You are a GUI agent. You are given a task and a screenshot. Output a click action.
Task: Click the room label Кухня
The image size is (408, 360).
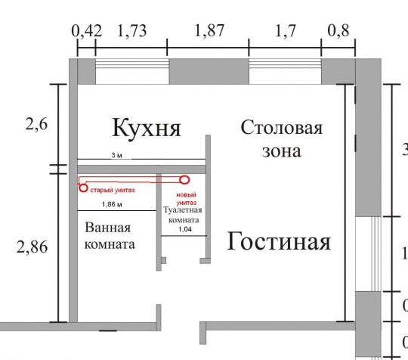pos(147,128)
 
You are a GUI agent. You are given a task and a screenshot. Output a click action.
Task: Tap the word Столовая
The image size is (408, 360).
pos(282,128)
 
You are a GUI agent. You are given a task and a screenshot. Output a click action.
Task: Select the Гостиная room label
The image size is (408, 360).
pos(279,242)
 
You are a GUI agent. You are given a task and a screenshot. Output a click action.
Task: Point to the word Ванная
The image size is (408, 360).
pos(108,228)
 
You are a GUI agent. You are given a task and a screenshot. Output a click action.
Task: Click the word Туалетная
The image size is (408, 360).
pos(182,210)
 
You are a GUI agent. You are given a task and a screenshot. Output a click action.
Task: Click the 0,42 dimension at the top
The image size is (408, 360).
pos(87,31)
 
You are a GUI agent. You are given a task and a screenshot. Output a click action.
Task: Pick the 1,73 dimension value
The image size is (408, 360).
pos(132,30)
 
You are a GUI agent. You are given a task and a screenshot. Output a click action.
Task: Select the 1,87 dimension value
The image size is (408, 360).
pos(209,30)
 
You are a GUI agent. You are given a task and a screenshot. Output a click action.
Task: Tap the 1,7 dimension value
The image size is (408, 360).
pos(286,30)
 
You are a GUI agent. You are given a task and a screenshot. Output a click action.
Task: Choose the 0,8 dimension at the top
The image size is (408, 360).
pos(338,30)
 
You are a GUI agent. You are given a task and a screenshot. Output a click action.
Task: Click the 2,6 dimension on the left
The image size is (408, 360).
pos(37,124)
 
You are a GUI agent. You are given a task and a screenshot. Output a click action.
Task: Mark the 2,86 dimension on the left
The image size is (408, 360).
pos(32,247)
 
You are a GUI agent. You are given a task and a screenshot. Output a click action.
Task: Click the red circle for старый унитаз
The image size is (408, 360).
pos(83,188)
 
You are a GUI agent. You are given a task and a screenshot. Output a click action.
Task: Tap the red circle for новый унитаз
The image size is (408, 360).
pos(184,180)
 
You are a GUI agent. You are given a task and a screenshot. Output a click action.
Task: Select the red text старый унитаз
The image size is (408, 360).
pos(113,190)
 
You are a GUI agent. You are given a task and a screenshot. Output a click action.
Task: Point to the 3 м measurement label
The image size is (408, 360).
pos(116,156)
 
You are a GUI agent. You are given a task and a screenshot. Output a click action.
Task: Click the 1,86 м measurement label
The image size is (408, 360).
pos(112,204)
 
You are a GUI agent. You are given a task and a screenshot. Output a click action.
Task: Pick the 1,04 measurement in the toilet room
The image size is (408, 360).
pos(185,229)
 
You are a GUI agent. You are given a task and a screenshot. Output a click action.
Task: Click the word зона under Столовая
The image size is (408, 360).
pos(282,151)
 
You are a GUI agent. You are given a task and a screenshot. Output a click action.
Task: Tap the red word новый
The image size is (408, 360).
pos(187,195)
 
